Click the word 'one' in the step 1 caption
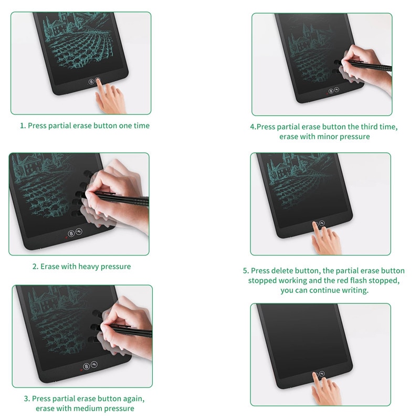click(x=125, y=125)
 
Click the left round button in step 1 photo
click(x=91, y=81)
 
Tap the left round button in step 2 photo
click(x=71, y=234)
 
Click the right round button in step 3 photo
click(x=94, y=364)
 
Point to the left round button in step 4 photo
click(x=331, y=91)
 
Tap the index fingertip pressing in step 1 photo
click(x=98, y=81)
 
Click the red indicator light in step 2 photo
click(x=66, y=237)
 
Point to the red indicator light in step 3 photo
click(x=81, y=370)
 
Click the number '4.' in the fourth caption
click(x=253, y=127)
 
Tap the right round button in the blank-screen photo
click(x=322, y=374)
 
